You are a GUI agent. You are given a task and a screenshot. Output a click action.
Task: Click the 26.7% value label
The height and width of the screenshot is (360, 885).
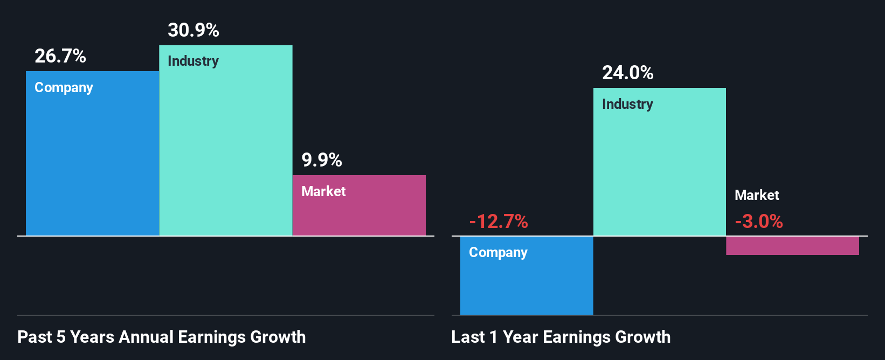(60, 56)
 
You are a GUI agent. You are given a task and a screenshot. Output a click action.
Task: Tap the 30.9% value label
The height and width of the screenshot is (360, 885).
(193, 30)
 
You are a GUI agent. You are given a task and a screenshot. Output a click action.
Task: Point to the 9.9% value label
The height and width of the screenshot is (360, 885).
(322, 160)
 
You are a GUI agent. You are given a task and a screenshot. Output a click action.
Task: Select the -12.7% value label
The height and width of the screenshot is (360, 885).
(499, 221)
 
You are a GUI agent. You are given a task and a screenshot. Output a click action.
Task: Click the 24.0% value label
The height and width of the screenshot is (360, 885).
(628, 73)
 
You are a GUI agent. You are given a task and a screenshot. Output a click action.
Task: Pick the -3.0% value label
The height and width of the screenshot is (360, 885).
(759, 221)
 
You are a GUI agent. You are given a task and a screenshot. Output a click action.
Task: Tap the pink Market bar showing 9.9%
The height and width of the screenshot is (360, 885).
(359, 213)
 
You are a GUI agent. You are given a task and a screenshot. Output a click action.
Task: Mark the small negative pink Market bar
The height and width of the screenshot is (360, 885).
(792, 246)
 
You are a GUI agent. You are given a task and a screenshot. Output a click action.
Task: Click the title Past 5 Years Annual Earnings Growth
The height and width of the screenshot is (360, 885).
(162, 337)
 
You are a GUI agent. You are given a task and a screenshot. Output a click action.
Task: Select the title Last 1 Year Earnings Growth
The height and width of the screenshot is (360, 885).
(561, 337)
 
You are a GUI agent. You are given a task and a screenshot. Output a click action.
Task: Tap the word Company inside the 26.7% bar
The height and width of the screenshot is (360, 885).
(64, 88)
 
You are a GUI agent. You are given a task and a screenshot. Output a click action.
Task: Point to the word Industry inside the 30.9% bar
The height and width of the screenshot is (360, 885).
(193, 61)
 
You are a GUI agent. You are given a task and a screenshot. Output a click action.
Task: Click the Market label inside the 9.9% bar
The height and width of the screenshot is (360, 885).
(323, 191)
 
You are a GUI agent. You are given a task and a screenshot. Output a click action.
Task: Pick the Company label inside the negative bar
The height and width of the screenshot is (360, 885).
(498, 253)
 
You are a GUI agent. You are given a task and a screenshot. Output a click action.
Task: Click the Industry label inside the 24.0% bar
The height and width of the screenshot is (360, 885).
(627, 104)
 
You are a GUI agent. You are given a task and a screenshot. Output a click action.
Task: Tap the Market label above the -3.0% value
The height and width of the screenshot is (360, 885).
(757, 195)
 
